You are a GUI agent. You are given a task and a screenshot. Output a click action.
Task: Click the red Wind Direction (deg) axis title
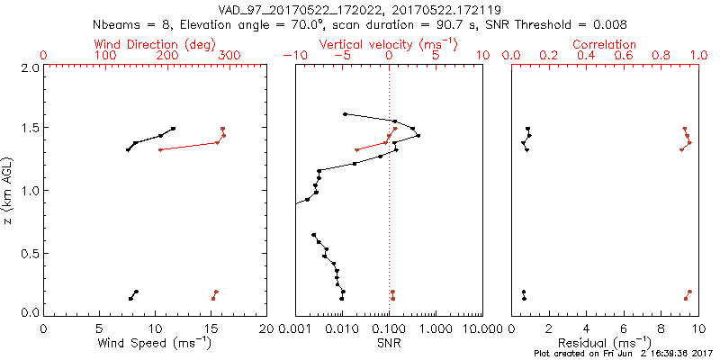pos(156,44)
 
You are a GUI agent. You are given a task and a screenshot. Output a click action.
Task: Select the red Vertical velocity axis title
pos(389,44)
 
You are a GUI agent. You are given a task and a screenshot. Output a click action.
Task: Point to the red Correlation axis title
pos(605,44)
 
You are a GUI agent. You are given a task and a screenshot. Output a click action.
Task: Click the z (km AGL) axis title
pos(10,189)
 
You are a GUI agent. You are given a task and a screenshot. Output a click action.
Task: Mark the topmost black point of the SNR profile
pos(346,114)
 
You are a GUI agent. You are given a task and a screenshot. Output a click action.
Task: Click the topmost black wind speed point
pos(173,129)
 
